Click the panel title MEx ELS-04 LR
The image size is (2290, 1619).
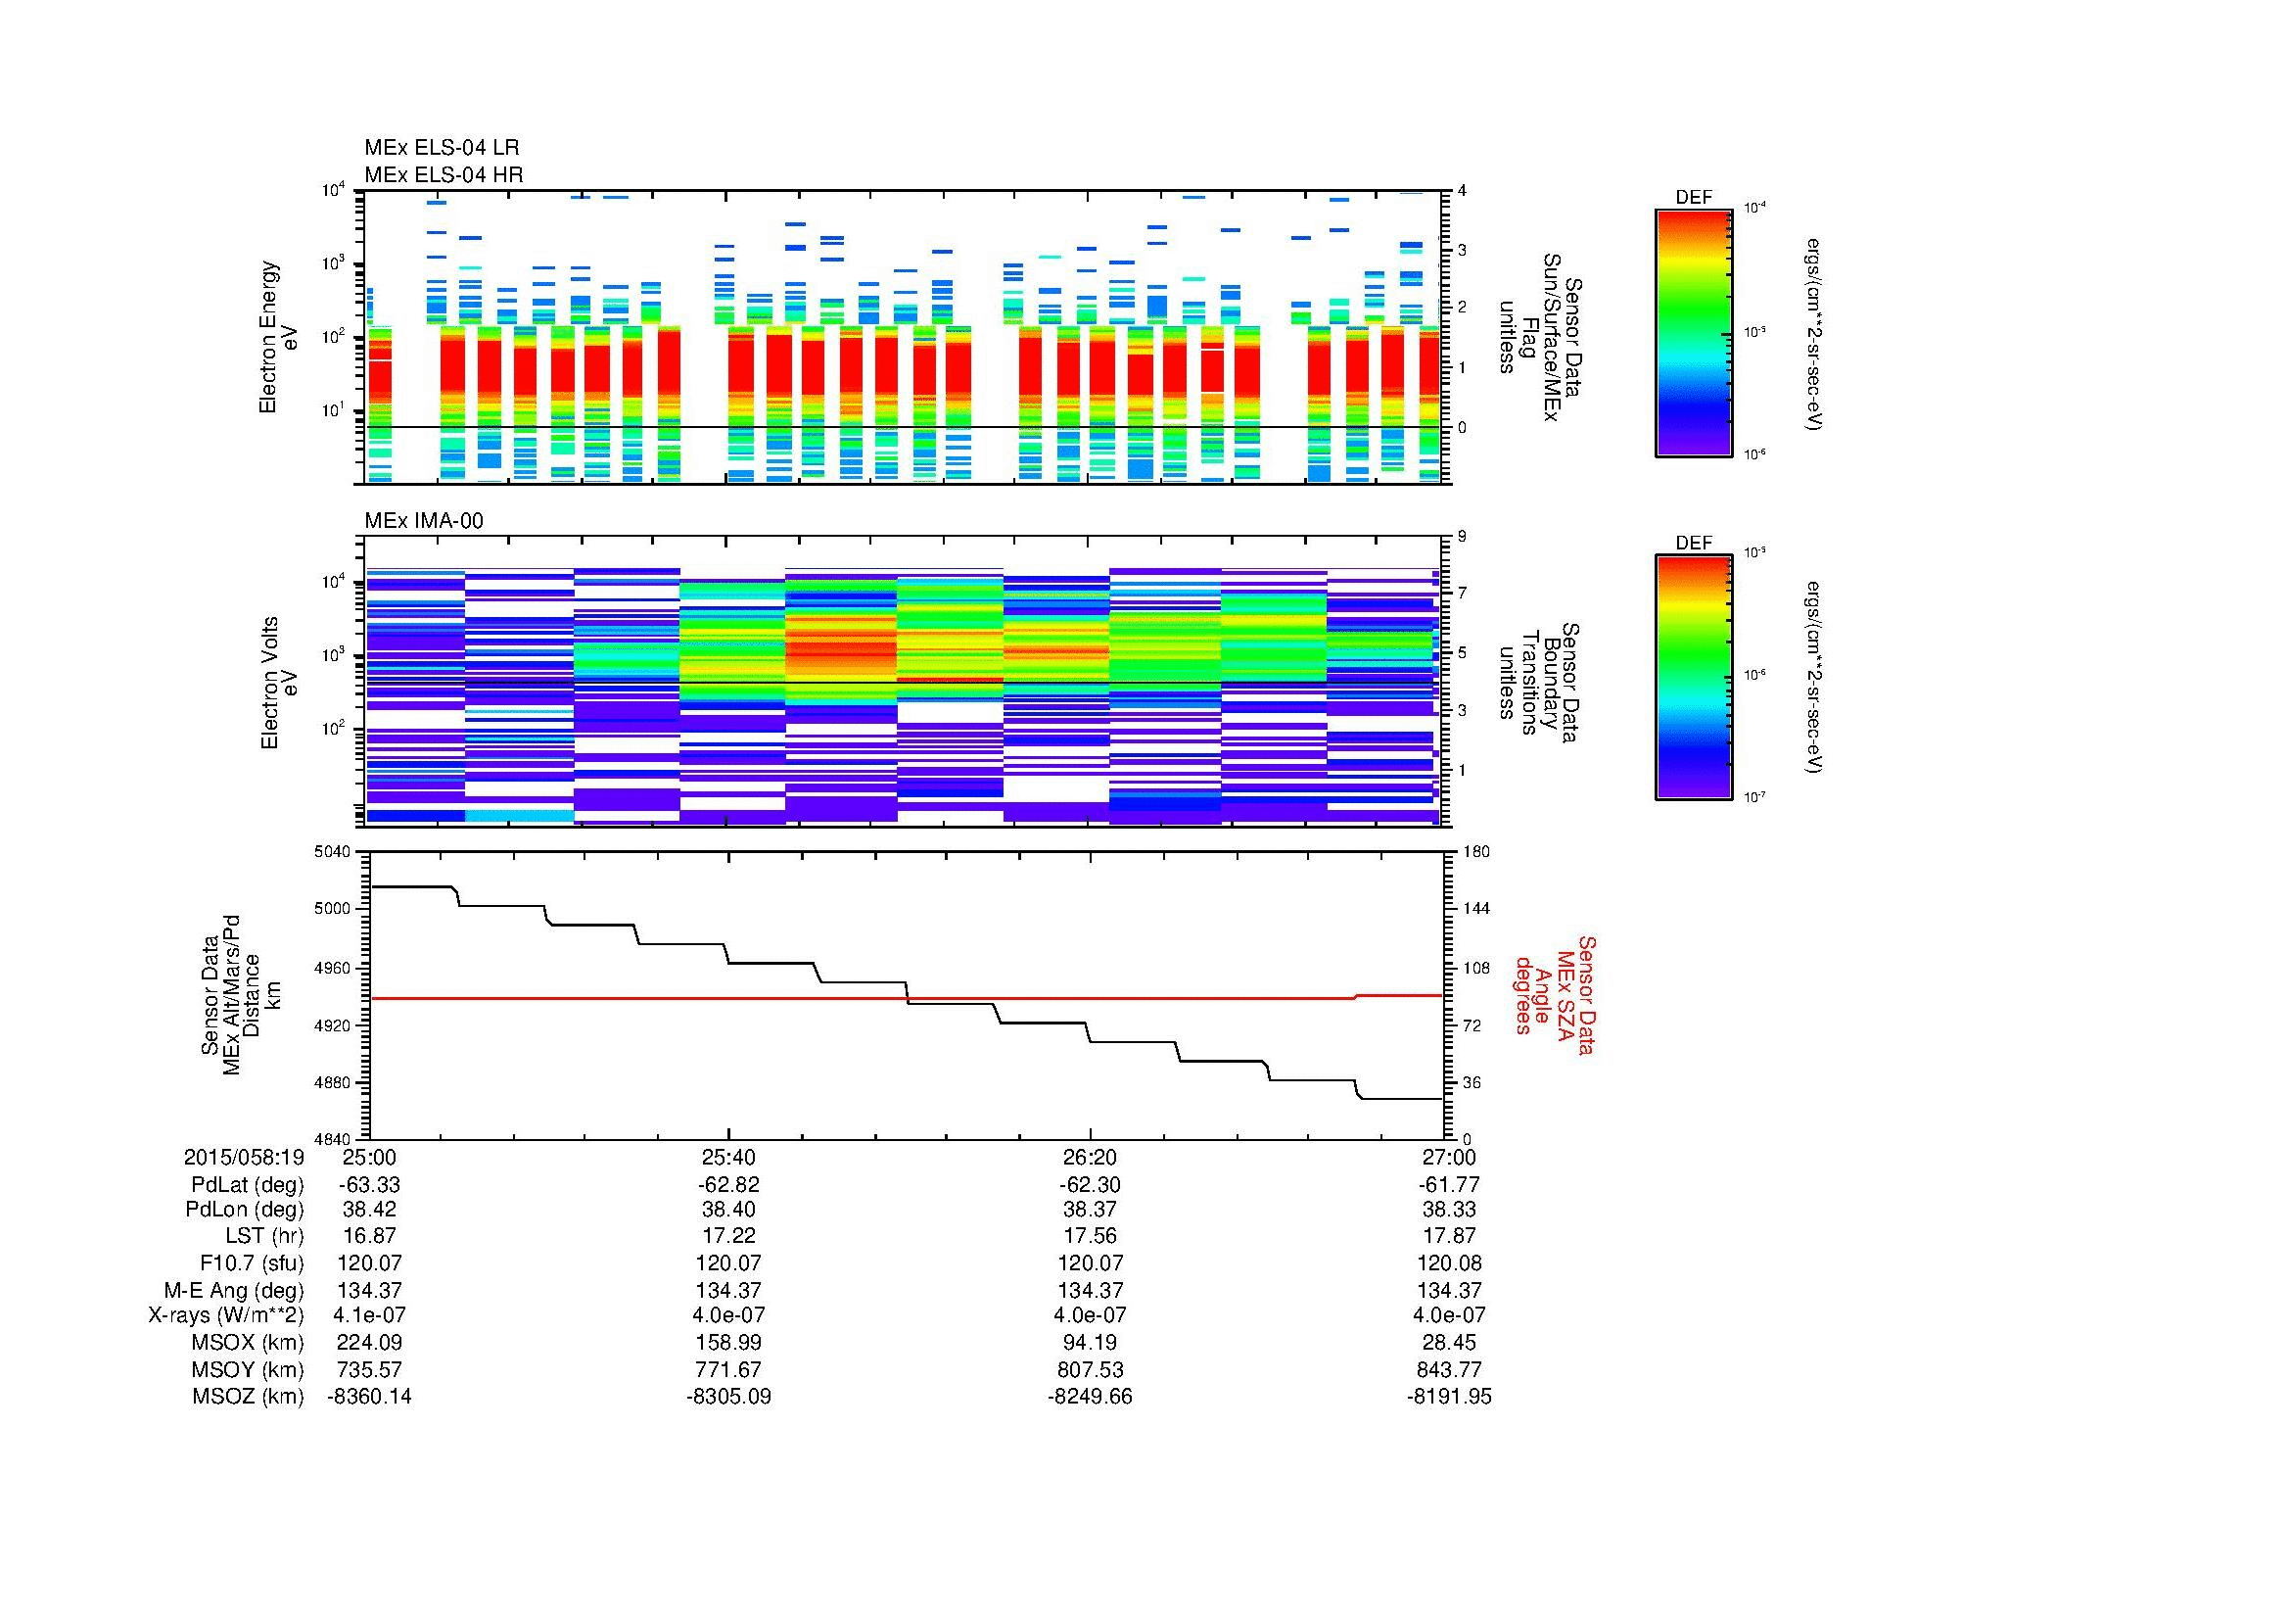click(x=442, y=148)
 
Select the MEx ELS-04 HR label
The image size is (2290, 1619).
click(x=444, y=174)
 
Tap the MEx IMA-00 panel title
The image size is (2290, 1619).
click(x=424, y=521)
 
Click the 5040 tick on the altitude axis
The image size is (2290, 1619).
click(x=332, y=852)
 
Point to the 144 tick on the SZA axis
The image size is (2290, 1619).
click(x=1475, y=909)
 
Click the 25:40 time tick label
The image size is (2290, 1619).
click(x=728, y=1157)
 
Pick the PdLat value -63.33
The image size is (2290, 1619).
click(x=369, y=1184)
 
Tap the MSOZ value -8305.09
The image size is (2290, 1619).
click(x=728, y=1397)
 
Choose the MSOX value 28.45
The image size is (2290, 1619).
click(x=1449, y=1343)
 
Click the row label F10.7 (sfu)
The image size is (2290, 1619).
click(x=252, y=1262)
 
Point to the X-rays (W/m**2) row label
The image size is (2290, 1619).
click(x=226, y=1315)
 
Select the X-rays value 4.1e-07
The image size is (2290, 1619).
click(x=369, y=1315)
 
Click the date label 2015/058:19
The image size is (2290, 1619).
click(x=244, y=1157)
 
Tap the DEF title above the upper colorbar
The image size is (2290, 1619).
click(x=1694, y=198)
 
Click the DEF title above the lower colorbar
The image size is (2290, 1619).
click(x=1694, y=543)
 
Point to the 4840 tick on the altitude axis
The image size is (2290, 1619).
click(x=332, y=1139)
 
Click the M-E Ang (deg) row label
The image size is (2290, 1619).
click(x=234, y=1290)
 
